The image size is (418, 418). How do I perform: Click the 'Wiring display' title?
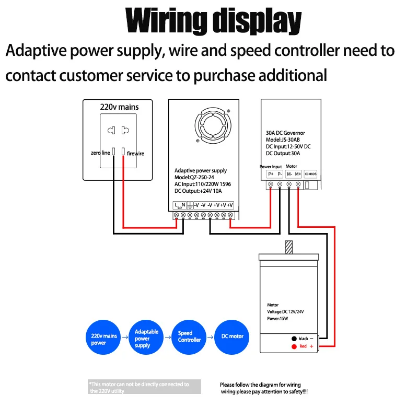coord(214,21)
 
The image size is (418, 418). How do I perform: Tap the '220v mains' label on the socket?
coord(119,107)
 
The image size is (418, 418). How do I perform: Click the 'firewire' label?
coord(135,153)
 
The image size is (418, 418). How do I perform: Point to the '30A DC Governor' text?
coord(285,133)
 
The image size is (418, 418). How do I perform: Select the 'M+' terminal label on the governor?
coord(298,173)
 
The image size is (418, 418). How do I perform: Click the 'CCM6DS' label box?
coord(310,173)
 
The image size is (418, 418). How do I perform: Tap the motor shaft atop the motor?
coord(288,247)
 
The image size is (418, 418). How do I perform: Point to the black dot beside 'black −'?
coord(294,339)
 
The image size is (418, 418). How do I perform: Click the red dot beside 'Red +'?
coord(294,346)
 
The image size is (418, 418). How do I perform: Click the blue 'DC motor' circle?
coord(233,336)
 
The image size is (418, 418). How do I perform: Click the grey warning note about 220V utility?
coord(144,387)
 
